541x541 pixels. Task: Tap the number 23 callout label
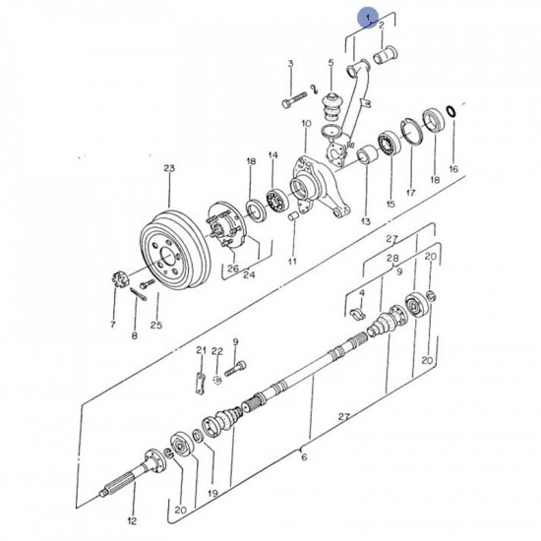pyautogui.click(x=168, y=168)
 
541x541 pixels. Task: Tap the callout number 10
pyautogui.click(x=306, y=124)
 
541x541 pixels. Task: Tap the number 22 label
pyautogui.click(x=217, y=351)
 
